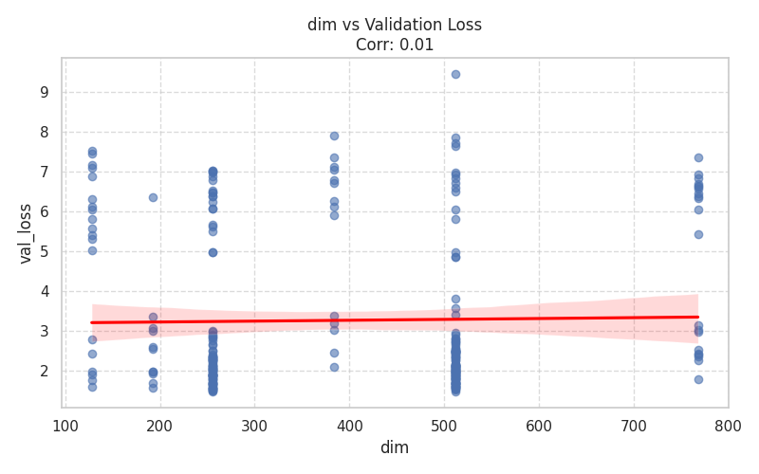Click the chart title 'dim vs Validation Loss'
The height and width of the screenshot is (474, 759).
click(394, 25)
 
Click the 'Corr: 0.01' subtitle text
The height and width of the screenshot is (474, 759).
click(394, 45)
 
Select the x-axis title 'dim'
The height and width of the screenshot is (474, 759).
click(394, 447)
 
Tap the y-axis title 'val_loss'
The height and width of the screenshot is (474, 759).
click(26, 233)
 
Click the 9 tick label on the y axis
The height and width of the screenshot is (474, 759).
click(45, 93)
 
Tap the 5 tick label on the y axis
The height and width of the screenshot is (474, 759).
click(45, 252)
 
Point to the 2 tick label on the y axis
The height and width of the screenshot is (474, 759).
click(45, 372)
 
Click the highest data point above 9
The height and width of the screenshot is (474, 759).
click(455, 74)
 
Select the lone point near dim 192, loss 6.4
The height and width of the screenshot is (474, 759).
click(153, 197)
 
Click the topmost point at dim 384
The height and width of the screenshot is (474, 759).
click(334, 136)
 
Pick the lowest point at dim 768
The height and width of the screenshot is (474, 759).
click(698, 379)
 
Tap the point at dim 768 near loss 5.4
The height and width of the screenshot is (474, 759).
click(698, 234)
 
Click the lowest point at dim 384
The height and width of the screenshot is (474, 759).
click(334, 367)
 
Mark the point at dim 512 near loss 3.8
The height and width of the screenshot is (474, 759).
click(455, 299)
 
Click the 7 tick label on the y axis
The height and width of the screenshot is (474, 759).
click(45, 173)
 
